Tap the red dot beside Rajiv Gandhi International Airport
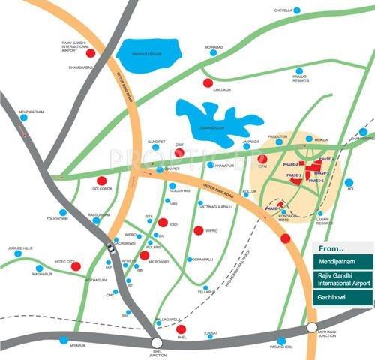91,53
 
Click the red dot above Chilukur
208,82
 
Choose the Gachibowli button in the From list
343,300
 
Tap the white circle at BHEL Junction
156,343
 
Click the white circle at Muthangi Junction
311,327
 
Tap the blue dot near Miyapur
63,340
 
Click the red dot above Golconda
101,181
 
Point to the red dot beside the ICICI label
163,222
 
